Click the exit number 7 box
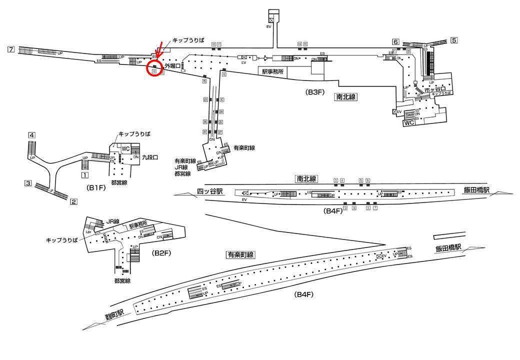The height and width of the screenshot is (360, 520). coord(10,49)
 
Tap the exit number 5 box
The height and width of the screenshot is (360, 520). coord(454,40)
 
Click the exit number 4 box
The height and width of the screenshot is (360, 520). coord(31,135)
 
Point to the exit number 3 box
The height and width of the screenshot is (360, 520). coord(29,183)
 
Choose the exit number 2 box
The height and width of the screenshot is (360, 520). coord(73,202)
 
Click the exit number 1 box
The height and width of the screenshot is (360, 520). coord(85,175)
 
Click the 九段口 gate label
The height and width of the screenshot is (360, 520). coord(150,157)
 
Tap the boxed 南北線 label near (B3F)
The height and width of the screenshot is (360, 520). coord(345,97)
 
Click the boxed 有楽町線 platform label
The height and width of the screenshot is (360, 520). coord(240,254)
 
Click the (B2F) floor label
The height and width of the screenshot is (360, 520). coord(161,253)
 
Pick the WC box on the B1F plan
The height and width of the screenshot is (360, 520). coord(125,148)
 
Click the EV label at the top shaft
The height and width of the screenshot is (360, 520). coord(268,26)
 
